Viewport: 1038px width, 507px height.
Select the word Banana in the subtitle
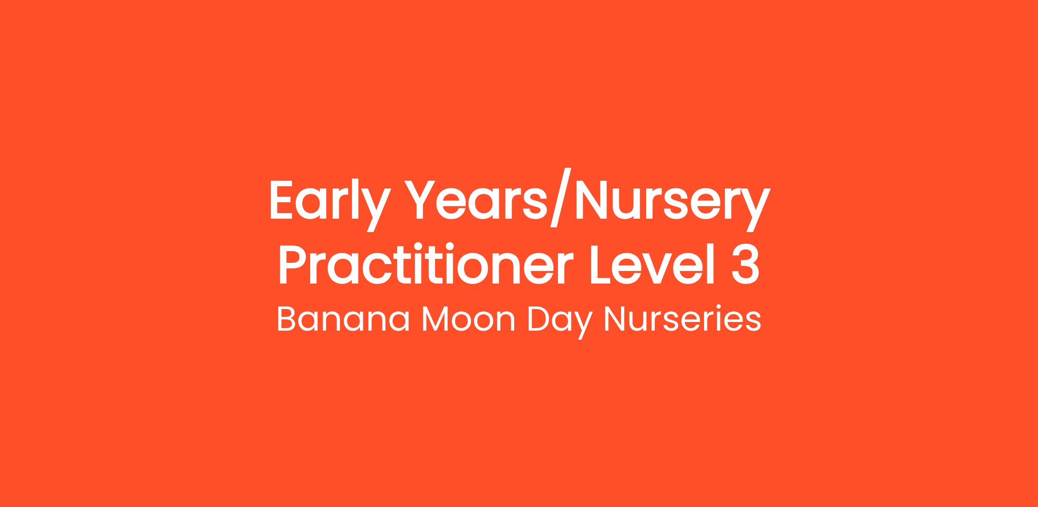[343, 319]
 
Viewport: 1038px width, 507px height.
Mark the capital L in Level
[604, 265]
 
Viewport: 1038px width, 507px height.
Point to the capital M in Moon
[436, 319]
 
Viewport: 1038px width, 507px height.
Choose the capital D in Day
[540, 319]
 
